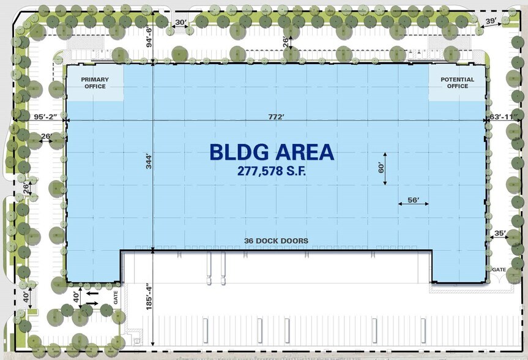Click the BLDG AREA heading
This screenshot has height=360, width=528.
point(272,152)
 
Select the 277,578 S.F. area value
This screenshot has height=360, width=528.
point(272,171)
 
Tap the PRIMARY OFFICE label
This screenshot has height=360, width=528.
point(95,83)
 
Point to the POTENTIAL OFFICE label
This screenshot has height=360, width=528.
point(457,83)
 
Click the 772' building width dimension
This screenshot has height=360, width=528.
point(277,116)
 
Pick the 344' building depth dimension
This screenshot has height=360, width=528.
point(149,161)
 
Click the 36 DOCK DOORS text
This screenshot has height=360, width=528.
point(276,241)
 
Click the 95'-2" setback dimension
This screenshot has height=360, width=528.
point(46,116)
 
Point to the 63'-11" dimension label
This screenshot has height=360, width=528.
point(504,116)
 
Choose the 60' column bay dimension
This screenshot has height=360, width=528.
point(381,168)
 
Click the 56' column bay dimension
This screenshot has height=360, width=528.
point(413,200)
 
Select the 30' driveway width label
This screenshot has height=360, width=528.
point(181,22)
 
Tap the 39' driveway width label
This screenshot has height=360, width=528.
point(491,21)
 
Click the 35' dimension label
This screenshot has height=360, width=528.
point(500,233)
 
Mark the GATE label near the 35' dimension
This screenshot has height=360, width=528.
point(499,269)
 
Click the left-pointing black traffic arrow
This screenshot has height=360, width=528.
point(92,293)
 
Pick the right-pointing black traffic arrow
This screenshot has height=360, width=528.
point(92,304)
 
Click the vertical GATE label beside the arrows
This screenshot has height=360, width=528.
point(116,298)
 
